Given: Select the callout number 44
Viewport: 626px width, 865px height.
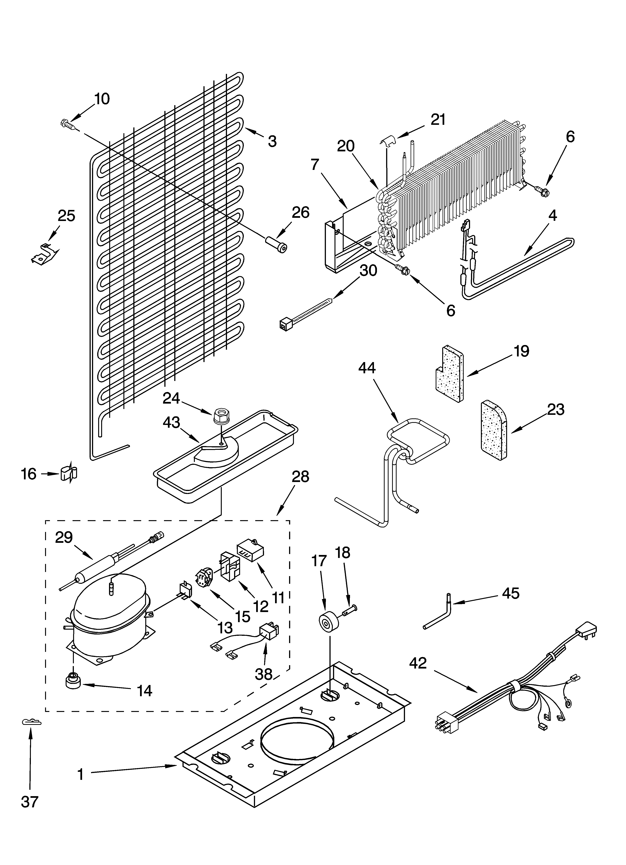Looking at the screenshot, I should tap(367, 368).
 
